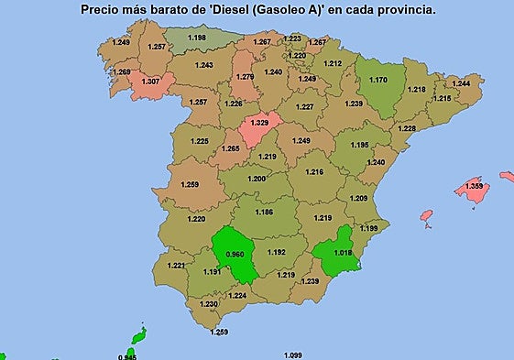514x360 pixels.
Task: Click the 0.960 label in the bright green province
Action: [235, 254]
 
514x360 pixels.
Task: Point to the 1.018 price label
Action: [343, 250]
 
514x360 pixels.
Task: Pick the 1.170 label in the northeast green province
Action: [377, 80]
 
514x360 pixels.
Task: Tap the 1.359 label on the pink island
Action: [475, 187]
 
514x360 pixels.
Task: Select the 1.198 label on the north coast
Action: [196, 38]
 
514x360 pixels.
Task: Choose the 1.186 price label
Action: [264, 213]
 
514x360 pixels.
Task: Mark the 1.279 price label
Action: [245, 77]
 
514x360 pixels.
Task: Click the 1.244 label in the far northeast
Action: [462, 83]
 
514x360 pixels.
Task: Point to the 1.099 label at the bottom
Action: [292, 355]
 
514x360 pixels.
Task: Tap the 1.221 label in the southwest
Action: [176, 266]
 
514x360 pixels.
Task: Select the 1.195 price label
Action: [360, 145]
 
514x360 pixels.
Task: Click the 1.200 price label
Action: [257, 179]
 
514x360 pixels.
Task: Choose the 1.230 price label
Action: [209, 304]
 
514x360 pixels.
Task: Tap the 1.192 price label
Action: [276, 252]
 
